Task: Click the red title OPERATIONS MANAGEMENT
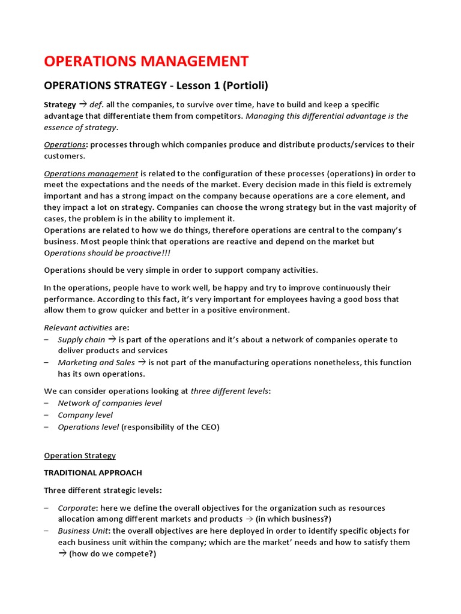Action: pos(146,61)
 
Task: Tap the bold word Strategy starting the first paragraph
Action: pos(60,104)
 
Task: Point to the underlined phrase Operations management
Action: pos(91,173)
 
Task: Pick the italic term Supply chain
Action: pos(81,339)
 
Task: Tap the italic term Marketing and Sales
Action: pos(96,362)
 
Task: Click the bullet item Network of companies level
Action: pos(109,403)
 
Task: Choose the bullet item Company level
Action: pos(85,415)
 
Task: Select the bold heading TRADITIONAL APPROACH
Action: pos(93,473)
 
